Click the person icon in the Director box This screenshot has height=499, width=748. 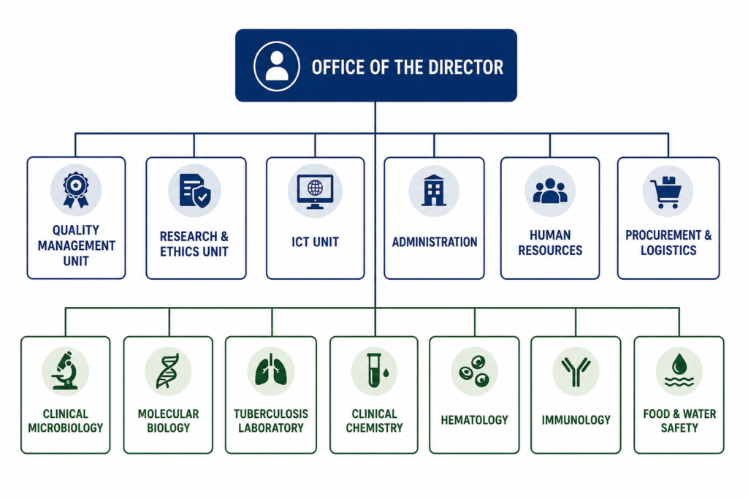pos(277,66)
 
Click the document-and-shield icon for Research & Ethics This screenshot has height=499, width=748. pos(194,191)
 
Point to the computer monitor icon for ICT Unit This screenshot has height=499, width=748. pos(315,191)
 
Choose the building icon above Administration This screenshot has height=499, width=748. pos(434,191)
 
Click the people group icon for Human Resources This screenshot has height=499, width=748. pos(550,191)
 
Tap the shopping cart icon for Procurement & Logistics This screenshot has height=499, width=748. pos(668,191)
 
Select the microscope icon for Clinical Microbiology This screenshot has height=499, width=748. pos(65,370)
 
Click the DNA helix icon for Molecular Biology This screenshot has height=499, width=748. pos(168,370)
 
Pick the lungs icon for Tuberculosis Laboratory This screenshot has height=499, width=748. pos(271,369)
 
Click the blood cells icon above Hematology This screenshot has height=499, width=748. pos(474,370)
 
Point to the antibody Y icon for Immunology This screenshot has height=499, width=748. pos(576,371)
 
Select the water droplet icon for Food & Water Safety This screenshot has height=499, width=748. pos(679,370)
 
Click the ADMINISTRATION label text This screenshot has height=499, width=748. pos(435,243)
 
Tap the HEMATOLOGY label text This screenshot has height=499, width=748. pos(474,420)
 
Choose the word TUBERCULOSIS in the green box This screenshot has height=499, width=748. pos(271,414)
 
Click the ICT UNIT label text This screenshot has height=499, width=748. pos(316,243)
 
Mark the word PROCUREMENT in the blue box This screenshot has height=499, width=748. pos(663,235)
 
